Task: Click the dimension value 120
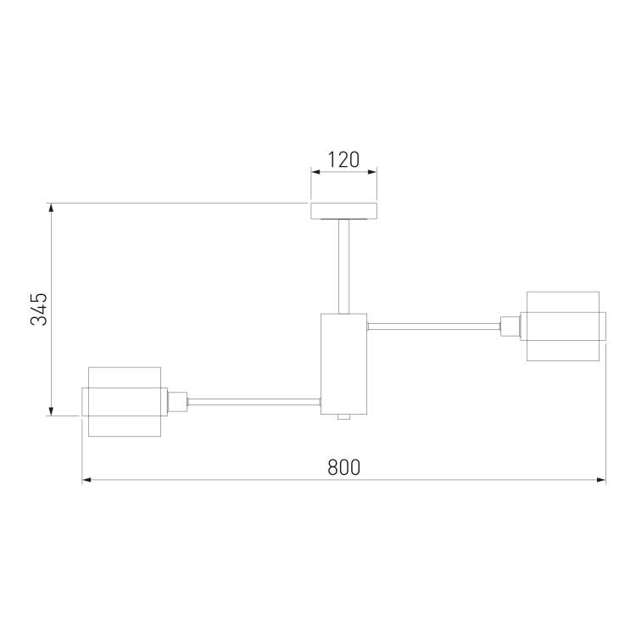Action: pos(343,159)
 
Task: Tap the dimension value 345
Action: pos(39,309)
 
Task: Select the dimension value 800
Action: pos(344,467)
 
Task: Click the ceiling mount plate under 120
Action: pos(344,211)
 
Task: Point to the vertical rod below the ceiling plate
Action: pos(344,266)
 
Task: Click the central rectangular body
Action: pos(344,364)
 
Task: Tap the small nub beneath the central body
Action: pos(344,417)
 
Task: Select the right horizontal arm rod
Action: pos(433,326)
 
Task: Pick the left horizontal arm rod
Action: pos(254,402)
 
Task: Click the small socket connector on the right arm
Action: pos(510,326)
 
